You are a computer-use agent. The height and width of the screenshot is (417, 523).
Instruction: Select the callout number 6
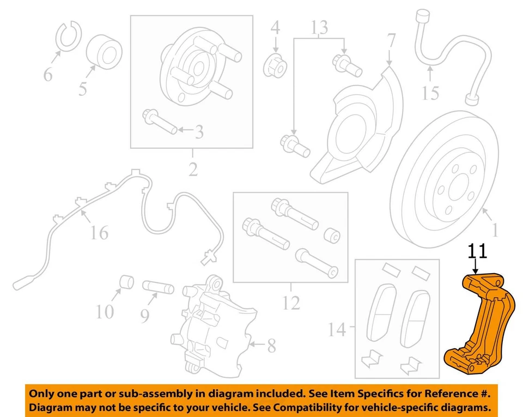click(x=48, y=74)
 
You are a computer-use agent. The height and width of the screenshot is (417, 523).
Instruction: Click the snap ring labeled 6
click(x=68, y=36)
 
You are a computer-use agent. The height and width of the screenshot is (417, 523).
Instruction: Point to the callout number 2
click(x=193, y=169)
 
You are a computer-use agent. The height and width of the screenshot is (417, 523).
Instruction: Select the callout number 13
click(x=320, y=26)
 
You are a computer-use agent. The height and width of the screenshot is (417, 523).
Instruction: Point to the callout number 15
click(x=430, y=93)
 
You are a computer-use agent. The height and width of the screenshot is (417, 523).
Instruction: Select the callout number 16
click(x=99, y=233)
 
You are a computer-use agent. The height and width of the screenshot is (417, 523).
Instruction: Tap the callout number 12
click(x=291, y=301)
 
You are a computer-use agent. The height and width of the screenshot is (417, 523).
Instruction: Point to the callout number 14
click(x=337, y=329)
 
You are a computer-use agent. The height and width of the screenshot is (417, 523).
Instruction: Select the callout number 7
click(x=391, y=41)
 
